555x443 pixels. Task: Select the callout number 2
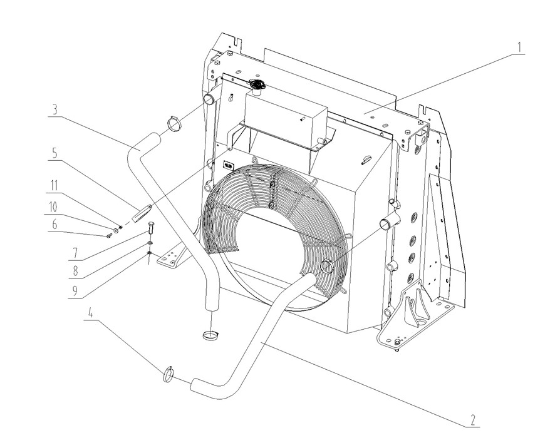(474, 419)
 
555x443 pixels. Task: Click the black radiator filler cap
(256, 84)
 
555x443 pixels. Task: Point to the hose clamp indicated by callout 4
(169, 374)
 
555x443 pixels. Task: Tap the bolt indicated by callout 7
(150, 229)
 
